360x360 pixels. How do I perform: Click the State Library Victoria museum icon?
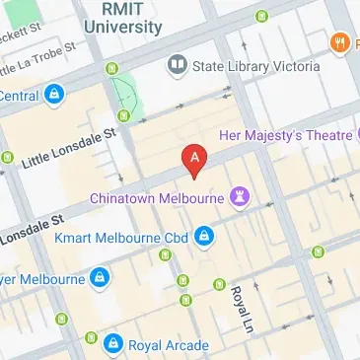click(178, 66)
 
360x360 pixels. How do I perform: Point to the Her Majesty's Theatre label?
click(286, 135)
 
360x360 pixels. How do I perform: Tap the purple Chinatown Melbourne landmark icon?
click(239, 196)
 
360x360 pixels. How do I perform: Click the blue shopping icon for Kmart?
click(204, 236)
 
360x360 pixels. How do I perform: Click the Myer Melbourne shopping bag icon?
click(100, 279)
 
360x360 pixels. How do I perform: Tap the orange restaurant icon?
click(339, 41)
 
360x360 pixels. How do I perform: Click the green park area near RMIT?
click(125, 95)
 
